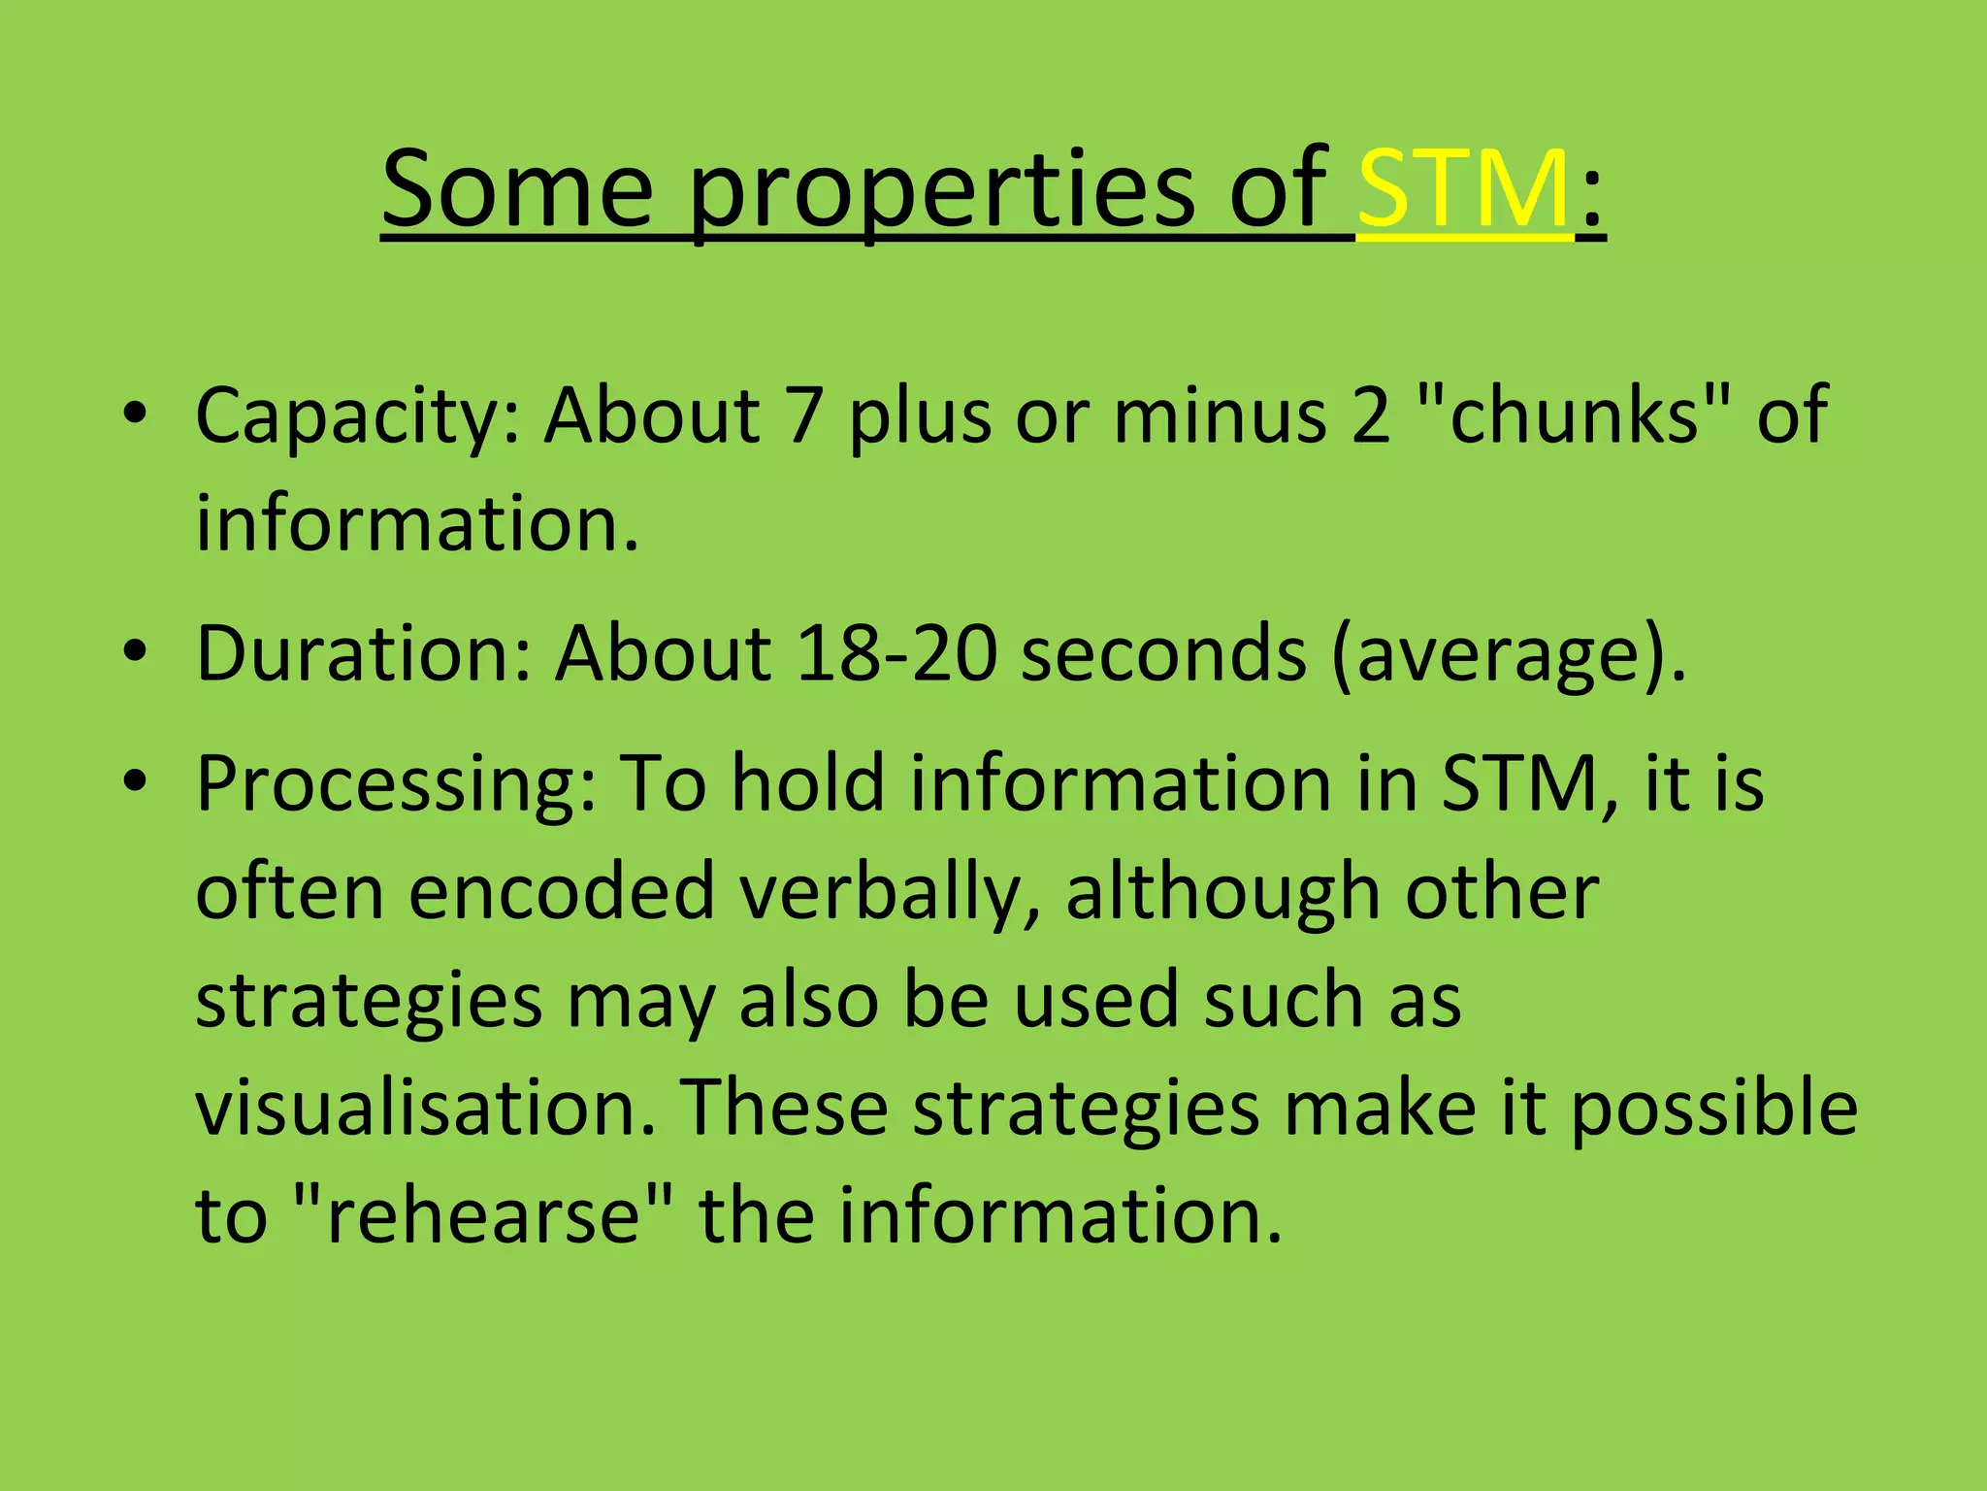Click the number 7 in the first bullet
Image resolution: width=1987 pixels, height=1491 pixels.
[805, 415]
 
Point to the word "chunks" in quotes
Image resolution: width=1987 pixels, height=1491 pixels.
[1574, 415]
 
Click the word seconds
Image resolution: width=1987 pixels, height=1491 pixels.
[1164, 653]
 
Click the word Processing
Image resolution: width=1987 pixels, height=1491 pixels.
[395, 785]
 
